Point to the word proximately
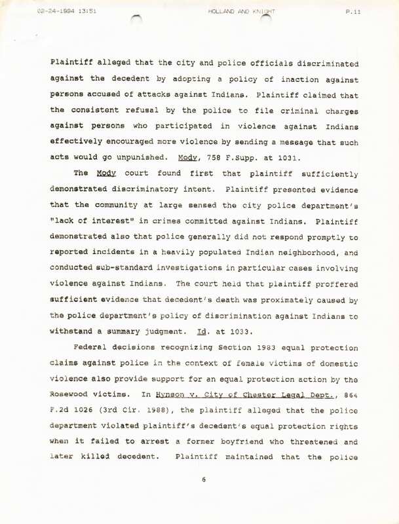pos(273,299)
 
